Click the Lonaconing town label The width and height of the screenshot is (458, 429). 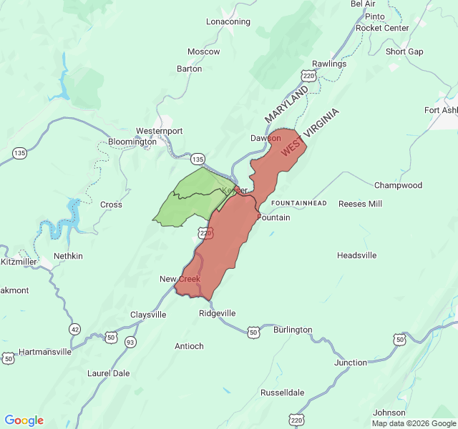click(228, 21)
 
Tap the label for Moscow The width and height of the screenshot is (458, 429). click(204, 51)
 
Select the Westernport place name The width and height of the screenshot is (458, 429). click(160, 131)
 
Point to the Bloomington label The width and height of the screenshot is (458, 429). click(132, 142)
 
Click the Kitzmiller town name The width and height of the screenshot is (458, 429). click(19, 262)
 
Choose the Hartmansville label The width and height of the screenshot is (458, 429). click(44, 352)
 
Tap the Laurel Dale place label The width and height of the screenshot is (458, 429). click(109, 373)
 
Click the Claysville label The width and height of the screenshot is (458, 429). click(148, 315)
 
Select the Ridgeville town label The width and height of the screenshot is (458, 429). click(218, 313)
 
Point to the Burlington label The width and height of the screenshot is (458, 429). click(293, 330)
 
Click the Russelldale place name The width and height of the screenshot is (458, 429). click(283, 393)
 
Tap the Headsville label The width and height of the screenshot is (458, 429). click(357, 255)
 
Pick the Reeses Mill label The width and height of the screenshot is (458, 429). click(361, 204)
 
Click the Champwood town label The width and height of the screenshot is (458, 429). click(399, 185)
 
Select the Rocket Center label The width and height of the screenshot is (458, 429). click(383, 28)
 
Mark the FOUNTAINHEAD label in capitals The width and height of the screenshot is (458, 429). click(299, 204)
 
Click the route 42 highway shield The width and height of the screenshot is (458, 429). click(75, 329)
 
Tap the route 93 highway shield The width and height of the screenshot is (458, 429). click(130, 343)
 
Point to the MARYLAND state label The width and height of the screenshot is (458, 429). click(286, 104)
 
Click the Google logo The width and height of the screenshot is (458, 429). click(24, 420)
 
